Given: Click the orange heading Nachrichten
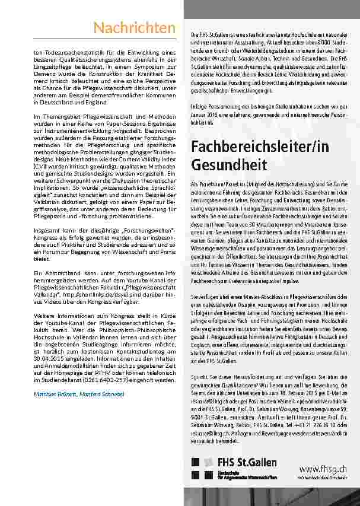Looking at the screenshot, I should (134, 28).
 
